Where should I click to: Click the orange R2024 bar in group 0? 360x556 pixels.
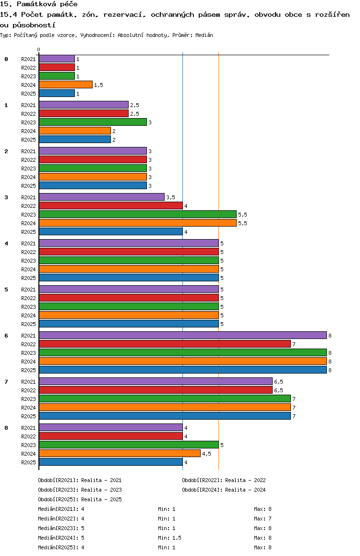(66, 85)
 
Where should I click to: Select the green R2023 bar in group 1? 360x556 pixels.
(93, 122)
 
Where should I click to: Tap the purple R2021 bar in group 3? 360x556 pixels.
(102, 197)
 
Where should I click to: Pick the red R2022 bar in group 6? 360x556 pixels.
(165, 344)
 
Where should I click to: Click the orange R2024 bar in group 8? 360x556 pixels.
(120, 454)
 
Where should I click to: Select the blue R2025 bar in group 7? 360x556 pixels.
(165, 416)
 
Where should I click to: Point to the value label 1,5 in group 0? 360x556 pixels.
(98, 85)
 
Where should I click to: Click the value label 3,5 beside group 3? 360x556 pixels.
(170, 197)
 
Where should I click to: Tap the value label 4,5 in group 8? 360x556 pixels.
(206, 454)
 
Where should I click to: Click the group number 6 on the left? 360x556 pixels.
(6, 336)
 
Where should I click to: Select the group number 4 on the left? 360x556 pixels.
(6, 243)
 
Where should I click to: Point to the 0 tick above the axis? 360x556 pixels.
(38, 49)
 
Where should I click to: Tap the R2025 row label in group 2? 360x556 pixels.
(28, 186)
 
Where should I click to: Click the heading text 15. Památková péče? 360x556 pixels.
(38, 4)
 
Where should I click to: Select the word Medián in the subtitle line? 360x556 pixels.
(204, 35)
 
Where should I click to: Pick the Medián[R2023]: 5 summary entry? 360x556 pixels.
(61, 528)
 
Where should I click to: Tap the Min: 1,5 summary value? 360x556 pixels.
(170, 538)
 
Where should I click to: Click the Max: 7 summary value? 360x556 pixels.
(263, 519)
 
